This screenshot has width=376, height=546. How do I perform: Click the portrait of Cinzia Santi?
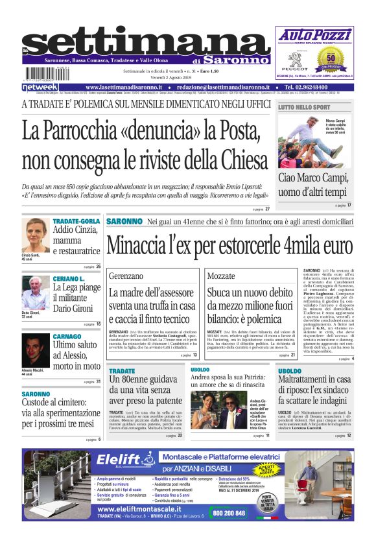click(x=35, y=234)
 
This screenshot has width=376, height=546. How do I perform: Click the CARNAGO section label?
click(x=67, y=337)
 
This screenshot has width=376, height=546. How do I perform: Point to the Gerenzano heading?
click(x=126, y=276)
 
